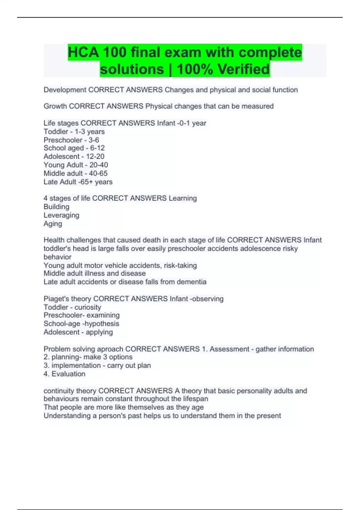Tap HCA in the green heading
(x=83, y=52)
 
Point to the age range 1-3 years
(x=90, y=131)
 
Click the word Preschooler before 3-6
(x=63, y=140)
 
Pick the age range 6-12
(x=97, y=148)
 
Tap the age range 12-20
(x=95, y=156)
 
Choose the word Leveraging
(x=61, y=215)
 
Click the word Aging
(x=53, y=223)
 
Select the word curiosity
(x=88, y=307)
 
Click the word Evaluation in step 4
(x=68, y=374)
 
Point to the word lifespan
(x=195, y=399)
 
